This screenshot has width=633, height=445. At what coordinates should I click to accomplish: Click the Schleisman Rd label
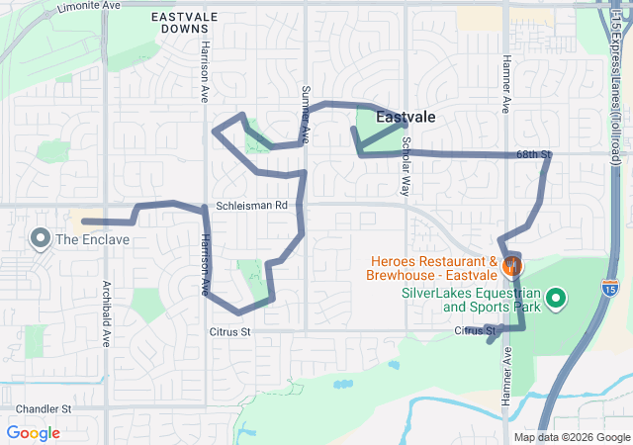251,206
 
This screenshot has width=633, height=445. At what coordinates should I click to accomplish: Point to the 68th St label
532,154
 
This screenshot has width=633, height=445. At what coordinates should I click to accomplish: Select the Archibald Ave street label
107,314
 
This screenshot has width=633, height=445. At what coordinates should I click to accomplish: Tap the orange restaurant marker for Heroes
512,265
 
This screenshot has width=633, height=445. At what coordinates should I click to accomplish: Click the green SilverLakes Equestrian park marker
556,297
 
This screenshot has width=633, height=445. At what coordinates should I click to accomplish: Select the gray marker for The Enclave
41,238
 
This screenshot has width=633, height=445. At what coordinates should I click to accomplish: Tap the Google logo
33,433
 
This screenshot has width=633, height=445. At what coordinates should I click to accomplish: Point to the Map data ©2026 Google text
572,437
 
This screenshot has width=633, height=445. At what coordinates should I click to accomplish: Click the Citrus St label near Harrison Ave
229,331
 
